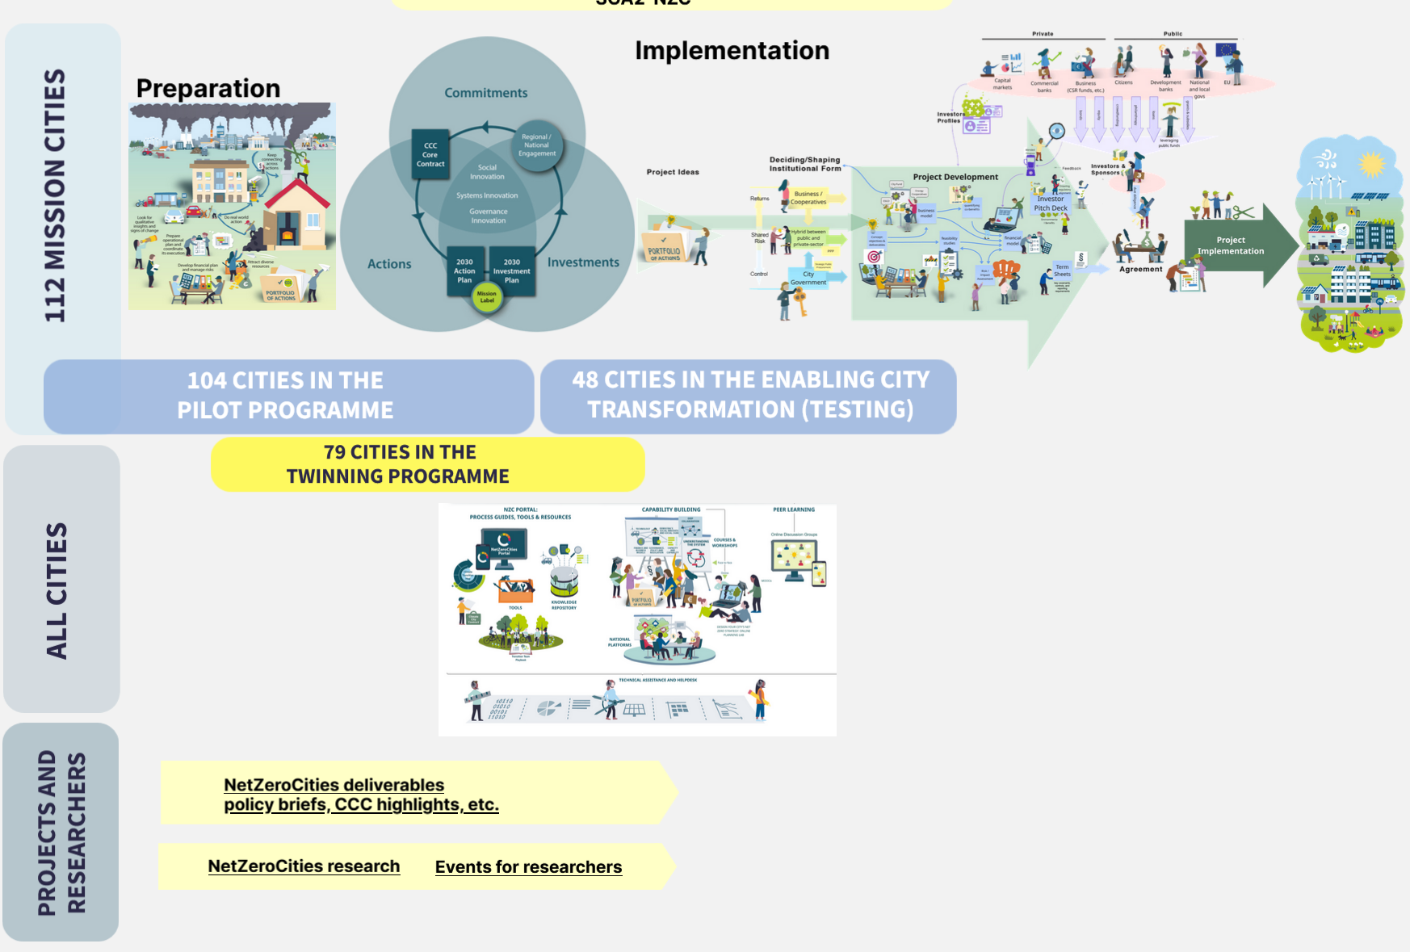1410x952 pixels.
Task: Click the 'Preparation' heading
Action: pyautogui.click(x=208, y=88)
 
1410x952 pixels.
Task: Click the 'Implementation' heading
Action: pyautogui.click(x=732, y=50)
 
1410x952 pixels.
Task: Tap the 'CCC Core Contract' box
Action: pyautogui.click(x=430, y=154)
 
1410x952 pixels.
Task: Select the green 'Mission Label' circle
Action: pyautogui.click(x=487, y=297)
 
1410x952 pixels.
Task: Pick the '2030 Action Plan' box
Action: pyautogui.click(x=464, y=271)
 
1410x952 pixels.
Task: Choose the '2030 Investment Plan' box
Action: pyautogui.click(x=512, y=271)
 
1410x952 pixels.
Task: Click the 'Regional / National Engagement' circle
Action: pyautogui.click(x=537, y=146)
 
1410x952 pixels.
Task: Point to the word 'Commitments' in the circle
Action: pyautogui.click(x=486, y=93)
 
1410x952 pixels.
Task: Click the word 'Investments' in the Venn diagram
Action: pyautogui.click(x=583, y=262)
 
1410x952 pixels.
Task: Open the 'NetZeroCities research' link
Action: pyautogui.click(x=304, y=866)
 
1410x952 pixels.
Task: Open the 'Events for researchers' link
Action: pyautogui.click(x=528, y=867)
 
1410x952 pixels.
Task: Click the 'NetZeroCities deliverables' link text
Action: pyautogui.click(x=334, y=785)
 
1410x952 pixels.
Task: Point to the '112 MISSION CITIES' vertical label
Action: pyautogui.click(x=55, y=195)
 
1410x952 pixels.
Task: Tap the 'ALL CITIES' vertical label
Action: pyautogui.click(x=57, y=590)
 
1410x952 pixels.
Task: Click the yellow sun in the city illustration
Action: pyautogui.click(x=1371, y=165)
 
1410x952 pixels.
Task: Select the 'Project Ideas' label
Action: pyautogui.click(x=673, y=172)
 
